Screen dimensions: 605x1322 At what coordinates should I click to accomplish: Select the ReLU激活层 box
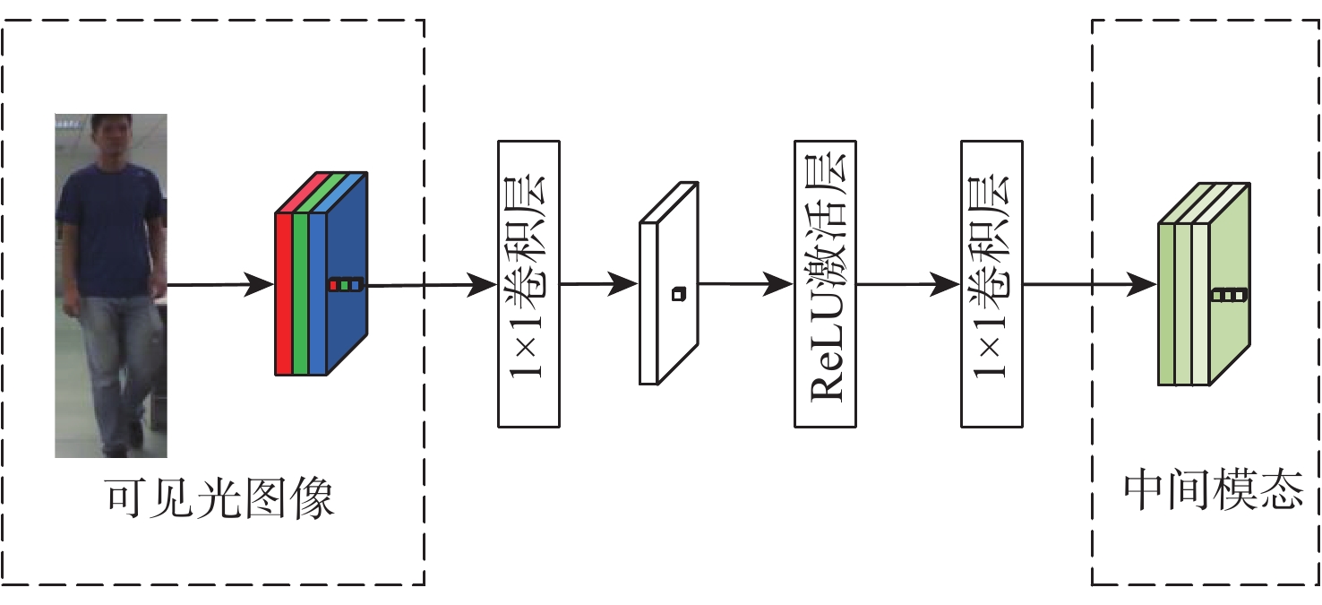[x=825, y=283]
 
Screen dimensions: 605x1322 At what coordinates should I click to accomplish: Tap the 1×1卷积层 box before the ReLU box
[x=528, y=283]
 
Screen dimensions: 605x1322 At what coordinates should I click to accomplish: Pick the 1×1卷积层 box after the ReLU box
[x=991, y=283]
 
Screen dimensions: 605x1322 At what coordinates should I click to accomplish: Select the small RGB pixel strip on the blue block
[x=346, y=285]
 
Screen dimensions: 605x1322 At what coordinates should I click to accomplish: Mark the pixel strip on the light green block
[x=1228, y=294]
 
